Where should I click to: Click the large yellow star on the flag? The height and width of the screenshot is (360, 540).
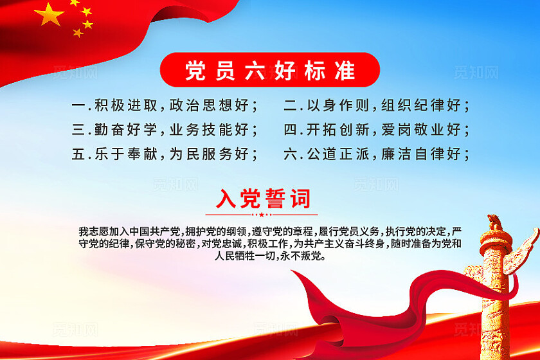pos(50,14)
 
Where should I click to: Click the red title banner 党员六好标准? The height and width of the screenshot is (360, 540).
pos(270,70)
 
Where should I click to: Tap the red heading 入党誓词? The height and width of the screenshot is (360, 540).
pos(262,199)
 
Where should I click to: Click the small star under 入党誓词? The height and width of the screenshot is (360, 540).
pos(262,215)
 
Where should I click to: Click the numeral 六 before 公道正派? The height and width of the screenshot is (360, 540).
pos(291,154)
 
